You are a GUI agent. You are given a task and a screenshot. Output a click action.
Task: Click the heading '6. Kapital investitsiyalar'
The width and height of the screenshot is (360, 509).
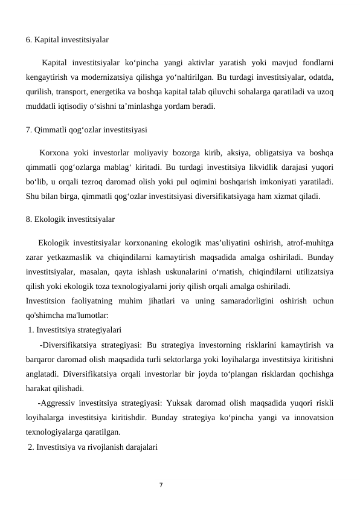[67, 41]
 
